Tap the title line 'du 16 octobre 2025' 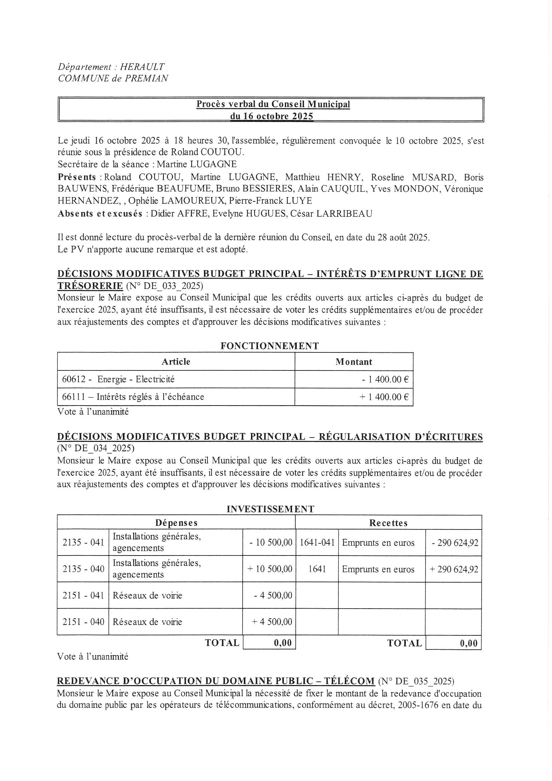pyautogui.click(x=271, y=116)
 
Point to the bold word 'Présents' pyautogui.click(x=77, y=177)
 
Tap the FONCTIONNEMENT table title pyautogui.click(x=270, y=346)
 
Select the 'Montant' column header pyautogui.click(x=354, y=361)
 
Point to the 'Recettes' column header pyautogui.click(x=388, y=523)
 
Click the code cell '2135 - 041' pyautogui.click(x=83, y=542)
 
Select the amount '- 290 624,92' pyautogui.click(x=455, y=542)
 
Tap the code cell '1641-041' pyautogui.click(x=317, y=542)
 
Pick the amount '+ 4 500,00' pyautogui.click(x=272, y=622)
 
